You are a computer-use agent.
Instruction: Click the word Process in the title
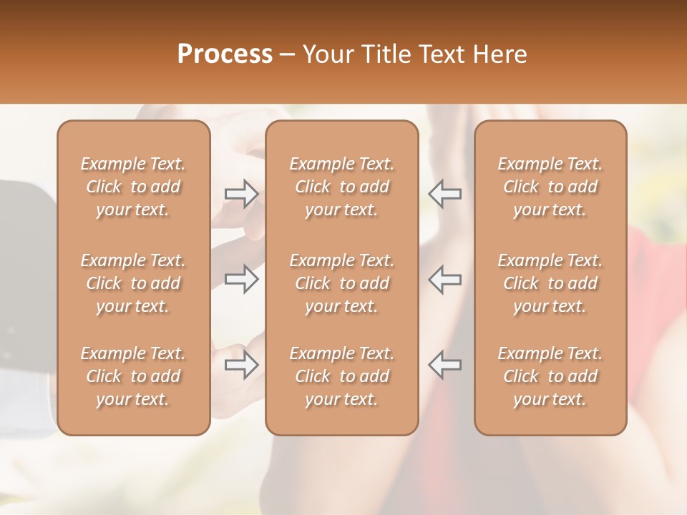pos(225,54)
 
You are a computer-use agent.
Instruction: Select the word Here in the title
pos(500,54)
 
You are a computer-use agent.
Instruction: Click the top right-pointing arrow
pos(241,194)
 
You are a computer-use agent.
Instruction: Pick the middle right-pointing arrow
pos(241,279)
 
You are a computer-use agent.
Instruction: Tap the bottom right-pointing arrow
pos(241,365)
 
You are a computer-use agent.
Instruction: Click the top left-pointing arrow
pos(444,194)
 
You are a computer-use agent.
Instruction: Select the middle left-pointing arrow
pos(444,279)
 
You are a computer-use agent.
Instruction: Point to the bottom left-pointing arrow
pos(444,365)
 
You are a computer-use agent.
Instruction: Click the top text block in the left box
pos(133,187)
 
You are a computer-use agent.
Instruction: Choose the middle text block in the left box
pos(133,283)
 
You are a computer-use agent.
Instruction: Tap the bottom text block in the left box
pos(133,376)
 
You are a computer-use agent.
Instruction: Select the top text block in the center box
pos(342,187)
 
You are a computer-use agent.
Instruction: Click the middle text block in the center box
pos(342,283)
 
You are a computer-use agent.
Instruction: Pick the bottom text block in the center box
pos(342,376)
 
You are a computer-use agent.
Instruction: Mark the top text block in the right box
pos(550,187)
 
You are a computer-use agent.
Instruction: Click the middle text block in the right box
pos(550,283)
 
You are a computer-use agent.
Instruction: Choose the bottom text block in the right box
pos(550,376)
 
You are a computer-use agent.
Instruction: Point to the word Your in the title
pos(327,54)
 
